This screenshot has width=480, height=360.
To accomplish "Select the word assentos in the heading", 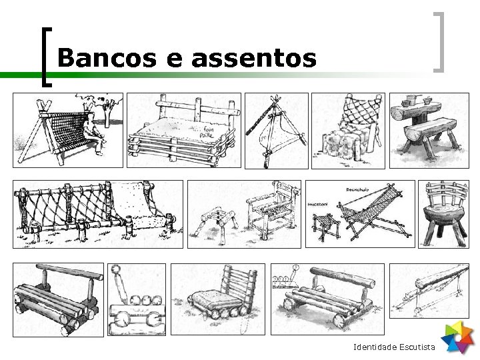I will (x=253, y=58).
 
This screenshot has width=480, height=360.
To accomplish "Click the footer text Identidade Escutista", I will (x=394, y=347).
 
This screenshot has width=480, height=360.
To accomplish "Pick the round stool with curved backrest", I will (x=443, y=213).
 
